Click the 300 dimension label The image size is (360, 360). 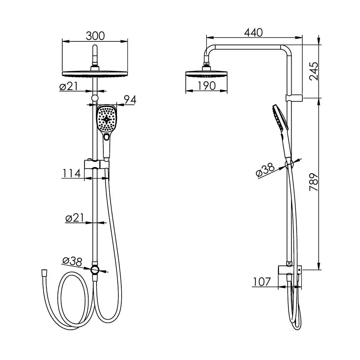coord(95,36)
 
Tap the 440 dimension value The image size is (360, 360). coord(253,33)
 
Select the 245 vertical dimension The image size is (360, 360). coord(314,71)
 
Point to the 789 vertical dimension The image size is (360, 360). coord(314,182)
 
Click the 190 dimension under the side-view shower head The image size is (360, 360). coord(207,86)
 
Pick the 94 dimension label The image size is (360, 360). coord(130,100)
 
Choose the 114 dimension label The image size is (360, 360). coord(71,174)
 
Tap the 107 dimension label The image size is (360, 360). coord(262,282)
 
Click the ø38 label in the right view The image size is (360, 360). coord(265,170)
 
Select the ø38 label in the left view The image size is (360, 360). coord(72,261)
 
